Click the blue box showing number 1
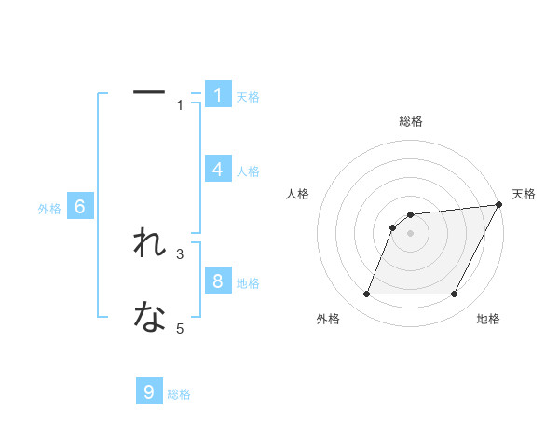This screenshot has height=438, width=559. coord(218,94)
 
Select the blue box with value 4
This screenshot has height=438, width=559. coord(218,169)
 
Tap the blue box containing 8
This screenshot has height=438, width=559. coord(218,281)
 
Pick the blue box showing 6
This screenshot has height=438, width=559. coord(80,207)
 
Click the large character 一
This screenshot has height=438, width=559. coord(149,92)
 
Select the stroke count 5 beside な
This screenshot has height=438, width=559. coord(180,328)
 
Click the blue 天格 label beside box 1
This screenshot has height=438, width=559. coord(248,96)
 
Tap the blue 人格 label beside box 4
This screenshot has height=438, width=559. coord(248,171)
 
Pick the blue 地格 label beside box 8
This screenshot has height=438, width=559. coord(248,283)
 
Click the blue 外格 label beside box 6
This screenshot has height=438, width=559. coord(49,210)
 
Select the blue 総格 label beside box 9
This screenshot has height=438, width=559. coord(179,394)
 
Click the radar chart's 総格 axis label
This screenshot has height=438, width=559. coord(410,121)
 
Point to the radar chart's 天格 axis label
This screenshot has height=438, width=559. coord(524,194)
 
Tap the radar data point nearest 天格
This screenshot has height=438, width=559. coord(499,204)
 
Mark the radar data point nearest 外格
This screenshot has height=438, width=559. coord(367,294)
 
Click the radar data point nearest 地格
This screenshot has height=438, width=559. coord(454,294)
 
